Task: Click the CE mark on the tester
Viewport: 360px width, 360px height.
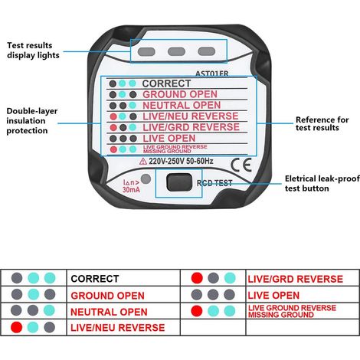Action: point(241,165)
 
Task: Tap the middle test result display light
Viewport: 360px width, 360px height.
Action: point(176,51)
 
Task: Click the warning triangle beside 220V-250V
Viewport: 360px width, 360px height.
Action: point(143,161)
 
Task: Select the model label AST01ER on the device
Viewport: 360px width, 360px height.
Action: point(212,74)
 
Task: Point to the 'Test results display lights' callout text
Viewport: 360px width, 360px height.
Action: point(33,51)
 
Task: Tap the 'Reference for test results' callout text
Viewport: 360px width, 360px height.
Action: point(322,123)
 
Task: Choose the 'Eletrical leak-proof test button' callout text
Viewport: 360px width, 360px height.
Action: point(322,183)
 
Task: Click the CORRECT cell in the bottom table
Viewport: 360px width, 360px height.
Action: point(95,279)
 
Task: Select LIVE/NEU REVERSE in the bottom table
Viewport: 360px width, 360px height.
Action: point(118,328)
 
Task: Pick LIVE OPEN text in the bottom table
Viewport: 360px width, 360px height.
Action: point(273,296)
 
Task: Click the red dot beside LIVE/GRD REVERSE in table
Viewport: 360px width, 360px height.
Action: point(197,278)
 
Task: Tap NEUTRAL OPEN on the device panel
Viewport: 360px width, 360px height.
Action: point(182,105)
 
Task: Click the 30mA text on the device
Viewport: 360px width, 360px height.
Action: point(131,190)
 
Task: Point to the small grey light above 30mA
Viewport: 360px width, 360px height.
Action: point(146,179)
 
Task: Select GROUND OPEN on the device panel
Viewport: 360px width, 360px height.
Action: point(180,94)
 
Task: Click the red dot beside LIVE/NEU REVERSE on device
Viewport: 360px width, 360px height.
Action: point(113,116)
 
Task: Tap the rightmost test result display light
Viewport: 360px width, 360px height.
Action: point(207,51)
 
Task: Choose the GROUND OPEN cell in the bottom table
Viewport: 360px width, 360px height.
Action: point(108,296)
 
